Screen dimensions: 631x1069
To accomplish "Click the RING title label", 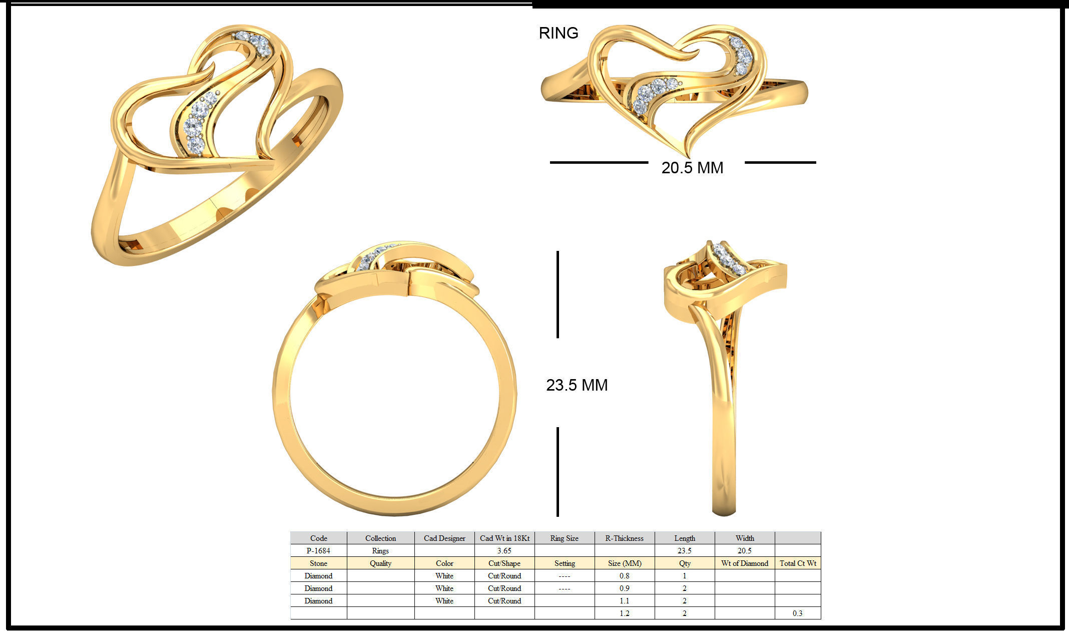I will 558,33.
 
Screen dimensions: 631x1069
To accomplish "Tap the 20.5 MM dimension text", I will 692,168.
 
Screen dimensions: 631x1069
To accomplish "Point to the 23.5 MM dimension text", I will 577,385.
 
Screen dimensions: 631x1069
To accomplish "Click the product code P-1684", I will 318,551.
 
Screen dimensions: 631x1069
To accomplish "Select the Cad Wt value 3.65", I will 504,551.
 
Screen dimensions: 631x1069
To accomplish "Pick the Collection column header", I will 380,538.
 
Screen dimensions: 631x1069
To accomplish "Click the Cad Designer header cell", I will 444,538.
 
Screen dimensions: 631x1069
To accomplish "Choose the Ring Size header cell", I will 564,538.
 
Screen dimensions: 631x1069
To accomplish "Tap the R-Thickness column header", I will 624,538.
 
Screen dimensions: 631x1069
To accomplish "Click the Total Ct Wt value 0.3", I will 797,613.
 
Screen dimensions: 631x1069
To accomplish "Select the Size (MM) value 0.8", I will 624,576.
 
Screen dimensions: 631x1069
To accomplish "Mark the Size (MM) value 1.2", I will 624,613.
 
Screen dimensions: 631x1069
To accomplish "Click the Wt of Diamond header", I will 744,563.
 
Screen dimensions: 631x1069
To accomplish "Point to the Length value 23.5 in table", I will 684,551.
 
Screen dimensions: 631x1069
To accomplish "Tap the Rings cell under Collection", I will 380,551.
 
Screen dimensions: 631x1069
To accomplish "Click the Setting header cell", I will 564,563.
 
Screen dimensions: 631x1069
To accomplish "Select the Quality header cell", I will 380,563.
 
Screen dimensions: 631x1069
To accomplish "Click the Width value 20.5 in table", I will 744,551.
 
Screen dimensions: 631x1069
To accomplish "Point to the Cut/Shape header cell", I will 504,563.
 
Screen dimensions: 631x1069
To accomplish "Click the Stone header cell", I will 318,563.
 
